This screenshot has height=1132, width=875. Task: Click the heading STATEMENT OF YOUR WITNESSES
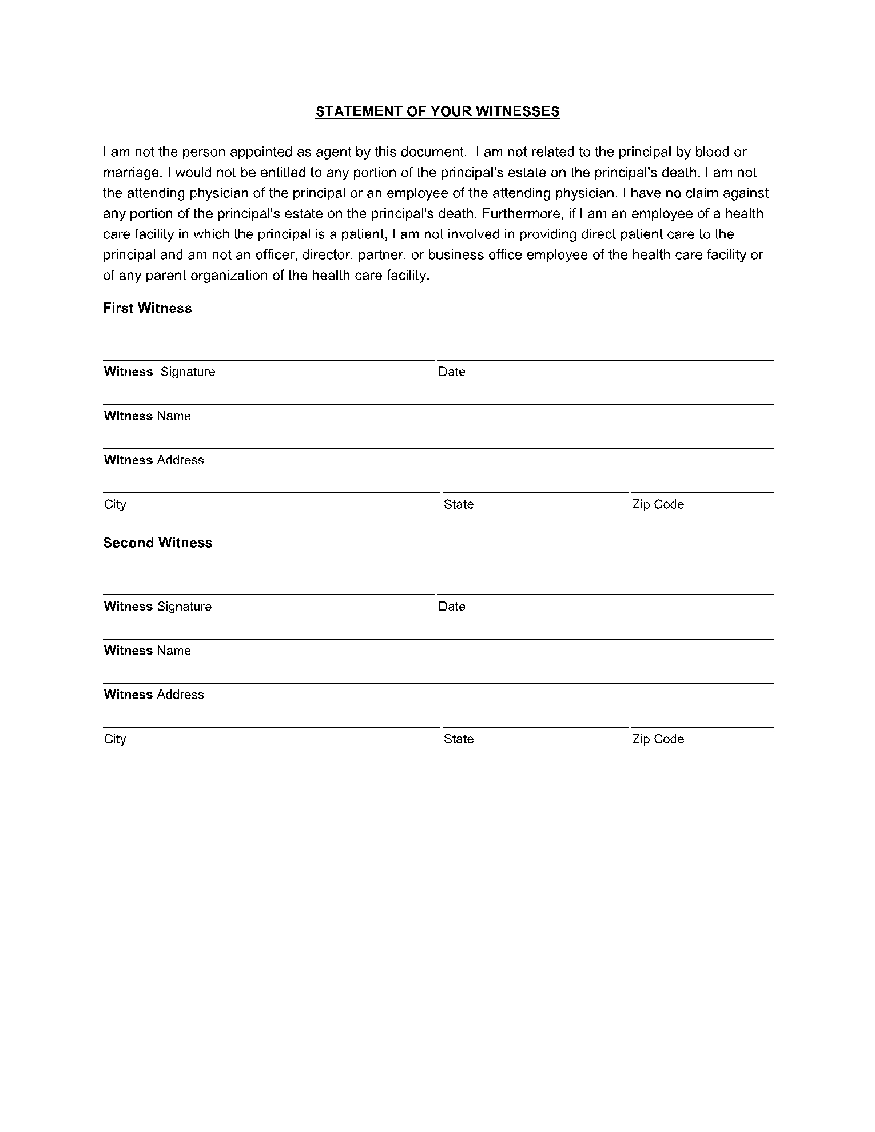click(437, 111)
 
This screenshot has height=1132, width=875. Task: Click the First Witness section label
click(148, 308)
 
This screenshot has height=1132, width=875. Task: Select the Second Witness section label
click(158, 543)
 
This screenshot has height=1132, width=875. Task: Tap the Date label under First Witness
click(452, 372)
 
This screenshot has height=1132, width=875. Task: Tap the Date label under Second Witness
click(452, 606)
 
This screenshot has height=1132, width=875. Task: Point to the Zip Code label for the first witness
click(658, 504)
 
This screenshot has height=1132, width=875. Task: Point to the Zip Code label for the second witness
click(658, 739)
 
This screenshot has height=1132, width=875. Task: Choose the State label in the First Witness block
click(459, 504)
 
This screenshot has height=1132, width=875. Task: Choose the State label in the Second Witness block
click(459, 739)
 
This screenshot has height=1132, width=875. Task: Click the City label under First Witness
click(115, 504)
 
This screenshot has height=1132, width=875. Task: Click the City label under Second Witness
click(115, 739)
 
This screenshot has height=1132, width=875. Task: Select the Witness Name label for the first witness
click(148, 416)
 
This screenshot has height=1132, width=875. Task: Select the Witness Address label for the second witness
click(154, 695)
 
